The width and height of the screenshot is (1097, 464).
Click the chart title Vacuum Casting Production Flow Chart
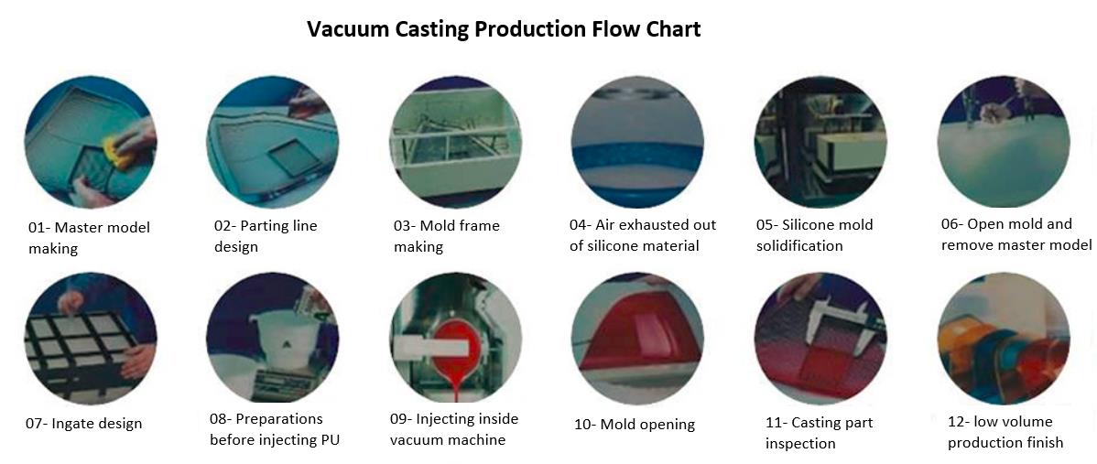pyautogui.click(x=504, y=30)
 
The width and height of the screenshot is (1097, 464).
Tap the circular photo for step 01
pyautogui.click(x=91, y=141)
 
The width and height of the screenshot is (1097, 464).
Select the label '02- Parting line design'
pyautogui.click(x=266, y=236)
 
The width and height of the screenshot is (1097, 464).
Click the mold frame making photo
pyautogui.click(x=455, y=141)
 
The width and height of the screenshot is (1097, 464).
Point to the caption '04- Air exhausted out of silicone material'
pyautogui.click(x=643, y=235)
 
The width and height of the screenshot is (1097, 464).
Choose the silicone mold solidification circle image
pyautogui.click(x=820, y=141)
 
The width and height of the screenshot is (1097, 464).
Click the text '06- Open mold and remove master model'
pyautogui.click(x=1016, y=235)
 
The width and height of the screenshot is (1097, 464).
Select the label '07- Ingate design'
pyautogui.click(x=84, y=424)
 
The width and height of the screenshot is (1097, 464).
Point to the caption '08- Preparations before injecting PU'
pyautogui.click(x=275, y=429)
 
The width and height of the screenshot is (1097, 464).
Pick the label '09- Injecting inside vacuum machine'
pyautogui.click(x=454, y=429)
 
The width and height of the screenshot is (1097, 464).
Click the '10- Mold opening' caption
pyautogui.click(x=634, y=424)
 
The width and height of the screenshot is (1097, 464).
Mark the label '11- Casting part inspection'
pyautogui.click(x=820, y=433)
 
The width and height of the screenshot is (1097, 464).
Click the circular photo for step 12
pyautogui.click(x=1004, y=339)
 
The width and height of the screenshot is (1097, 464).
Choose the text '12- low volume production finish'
pyautogui.click(x=1005, y=432)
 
